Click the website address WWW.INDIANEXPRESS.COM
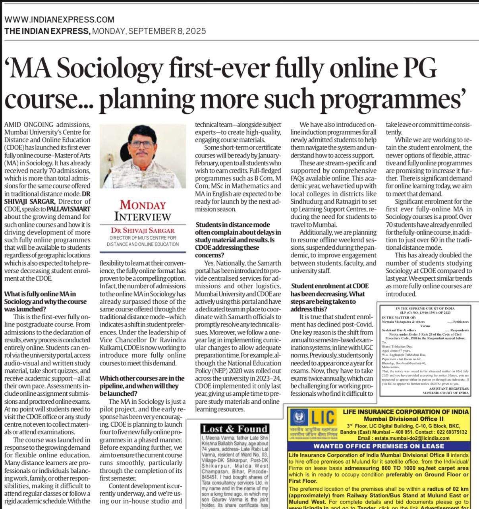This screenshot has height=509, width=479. tap(60, 19)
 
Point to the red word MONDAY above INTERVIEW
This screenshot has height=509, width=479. tap(143, 205)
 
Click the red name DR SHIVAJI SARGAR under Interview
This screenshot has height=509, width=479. tap(143, 230)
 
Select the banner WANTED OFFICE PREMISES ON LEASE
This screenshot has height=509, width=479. tap(384, 446)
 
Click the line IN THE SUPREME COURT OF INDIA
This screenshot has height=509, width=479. tap(425, 308)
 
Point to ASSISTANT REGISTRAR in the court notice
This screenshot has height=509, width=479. tap(445, 388)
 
